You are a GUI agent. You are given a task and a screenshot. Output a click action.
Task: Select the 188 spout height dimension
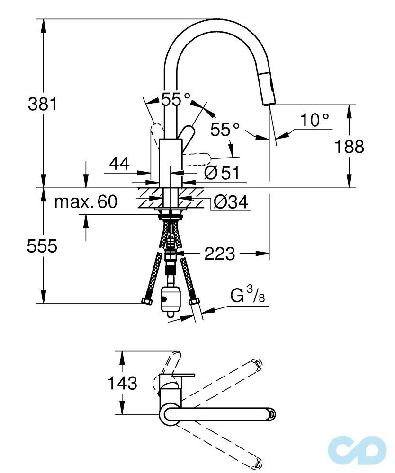(x=350, y=147)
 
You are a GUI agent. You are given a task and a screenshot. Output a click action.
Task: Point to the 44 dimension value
(x=119, y=164)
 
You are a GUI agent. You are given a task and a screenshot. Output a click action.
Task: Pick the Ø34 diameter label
(x=230, y=202)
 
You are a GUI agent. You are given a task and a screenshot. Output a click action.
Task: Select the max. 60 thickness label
(x=85, y=202)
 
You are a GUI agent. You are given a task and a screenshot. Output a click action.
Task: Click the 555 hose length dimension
(x=41, y=246)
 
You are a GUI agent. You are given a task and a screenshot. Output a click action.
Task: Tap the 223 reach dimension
(x=219, y=254)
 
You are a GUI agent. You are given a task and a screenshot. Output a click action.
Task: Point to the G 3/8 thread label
(x=247, y=297)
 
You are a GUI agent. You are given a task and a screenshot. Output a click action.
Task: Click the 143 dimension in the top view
(x=122, y=383)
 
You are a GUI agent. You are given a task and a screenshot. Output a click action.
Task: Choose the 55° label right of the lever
(x=225, y=130)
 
